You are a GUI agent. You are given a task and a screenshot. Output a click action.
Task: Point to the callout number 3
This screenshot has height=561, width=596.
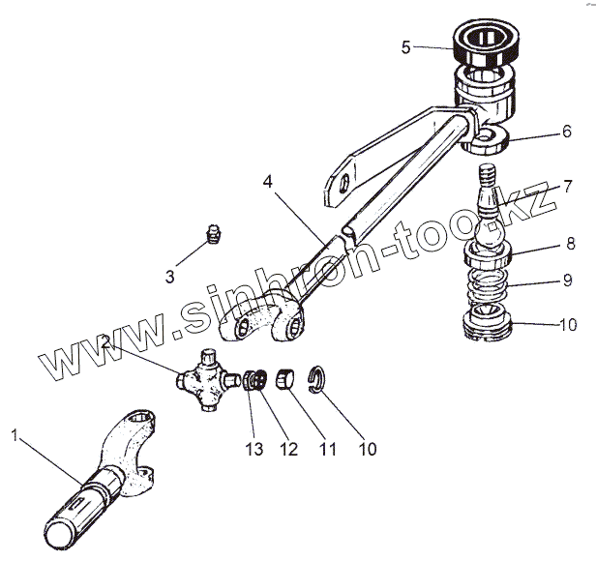pos(170,277)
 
